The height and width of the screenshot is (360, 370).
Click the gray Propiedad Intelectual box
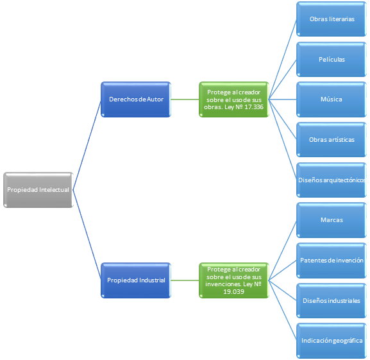[38, 190]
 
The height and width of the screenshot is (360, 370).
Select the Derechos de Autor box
[136, 99]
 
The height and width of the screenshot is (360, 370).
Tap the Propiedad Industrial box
[136, 280]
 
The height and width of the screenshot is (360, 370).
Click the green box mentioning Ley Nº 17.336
[234, 99]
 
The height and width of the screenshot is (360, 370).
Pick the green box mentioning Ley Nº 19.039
[234, 280]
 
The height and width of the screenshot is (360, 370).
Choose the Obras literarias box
[332, 19]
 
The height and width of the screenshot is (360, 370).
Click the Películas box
[332, 59]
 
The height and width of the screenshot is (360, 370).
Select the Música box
[332, 99]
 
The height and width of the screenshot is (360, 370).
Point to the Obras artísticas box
[332, 139]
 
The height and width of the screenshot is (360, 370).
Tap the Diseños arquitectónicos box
[332, 180]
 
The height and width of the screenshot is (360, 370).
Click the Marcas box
[332, 220]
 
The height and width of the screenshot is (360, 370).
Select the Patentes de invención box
[332, 261]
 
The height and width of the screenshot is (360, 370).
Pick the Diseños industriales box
[332, 300]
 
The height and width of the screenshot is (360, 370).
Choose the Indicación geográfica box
[332, 341]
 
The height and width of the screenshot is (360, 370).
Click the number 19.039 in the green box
[233, 292]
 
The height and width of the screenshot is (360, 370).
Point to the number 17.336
[254, 107]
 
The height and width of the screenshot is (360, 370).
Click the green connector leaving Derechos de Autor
[185, 99]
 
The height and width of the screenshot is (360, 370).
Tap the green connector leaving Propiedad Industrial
[185, 280]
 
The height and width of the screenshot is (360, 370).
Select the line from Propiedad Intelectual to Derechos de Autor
[87, 145]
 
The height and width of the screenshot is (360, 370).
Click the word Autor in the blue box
[155, 99]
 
